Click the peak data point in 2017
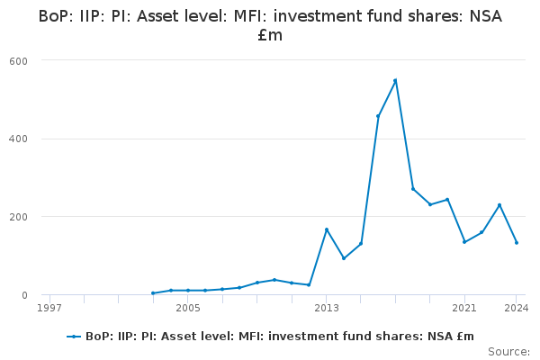[395, 81]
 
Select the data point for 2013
[327, 229]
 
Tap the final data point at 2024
[517, 242]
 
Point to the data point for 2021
[464, 242]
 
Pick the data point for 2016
[378, 116]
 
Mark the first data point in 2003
[153, 293]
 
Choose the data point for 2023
[499, 205]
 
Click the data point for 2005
[188, 291]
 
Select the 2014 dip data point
[344, 258]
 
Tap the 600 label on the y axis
[18, 61]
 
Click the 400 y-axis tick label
[18, 139]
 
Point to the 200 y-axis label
[18, 217]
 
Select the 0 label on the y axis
[24, 295]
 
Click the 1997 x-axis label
[49, 308]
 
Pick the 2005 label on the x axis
[188, 308]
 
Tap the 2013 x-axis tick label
[327, 308]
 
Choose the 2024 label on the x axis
[517, 308]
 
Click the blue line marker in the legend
[74, 337]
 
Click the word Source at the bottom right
[509, 352]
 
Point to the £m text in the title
[270, 35]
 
